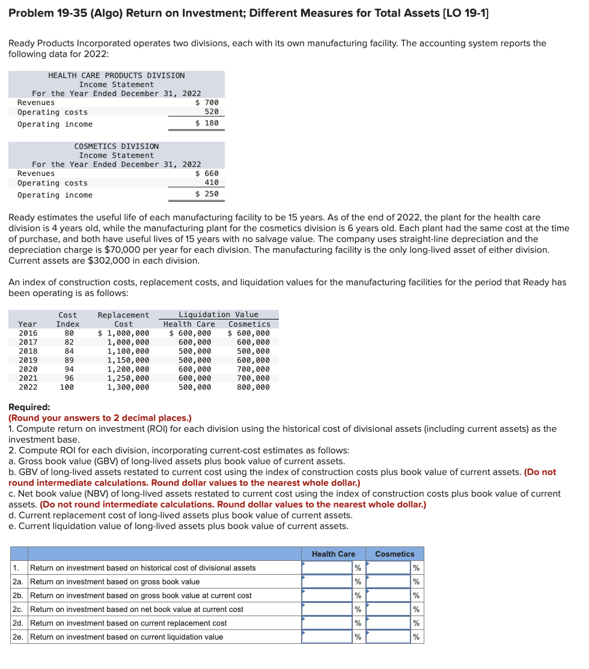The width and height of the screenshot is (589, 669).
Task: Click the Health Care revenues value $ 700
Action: [x=207, y=103]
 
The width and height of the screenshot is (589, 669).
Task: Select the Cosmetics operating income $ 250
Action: [x=207, y=194]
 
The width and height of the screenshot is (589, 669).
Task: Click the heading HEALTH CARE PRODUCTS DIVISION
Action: [x=116, y=76]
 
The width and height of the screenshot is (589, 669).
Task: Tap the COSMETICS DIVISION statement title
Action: [x=116, y=147]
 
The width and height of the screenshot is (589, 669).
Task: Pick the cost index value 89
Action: [x=69, y=360]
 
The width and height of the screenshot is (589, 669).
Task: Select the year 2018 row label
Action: [x=28, y=351]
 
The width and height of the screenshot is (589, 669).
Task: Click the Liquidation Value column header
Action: [x=218, y=315]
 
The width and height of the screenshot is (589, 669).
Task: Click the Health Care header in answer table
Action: [x=333, y=554]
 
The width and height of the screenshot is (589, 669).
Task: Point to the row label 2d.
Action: [x=19, y=623]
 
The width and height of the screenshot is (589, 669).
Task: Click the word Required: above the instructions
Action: [x=29, y=407]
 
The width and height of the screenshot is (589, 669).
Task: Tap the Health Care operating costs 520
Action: [x=212, y=112]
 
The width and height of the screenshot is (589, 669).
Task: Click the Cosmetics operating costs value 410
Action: [x=212, y=183]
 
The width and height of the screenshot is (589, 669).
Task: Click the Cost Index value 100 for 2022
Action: [x=67, y=387]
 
